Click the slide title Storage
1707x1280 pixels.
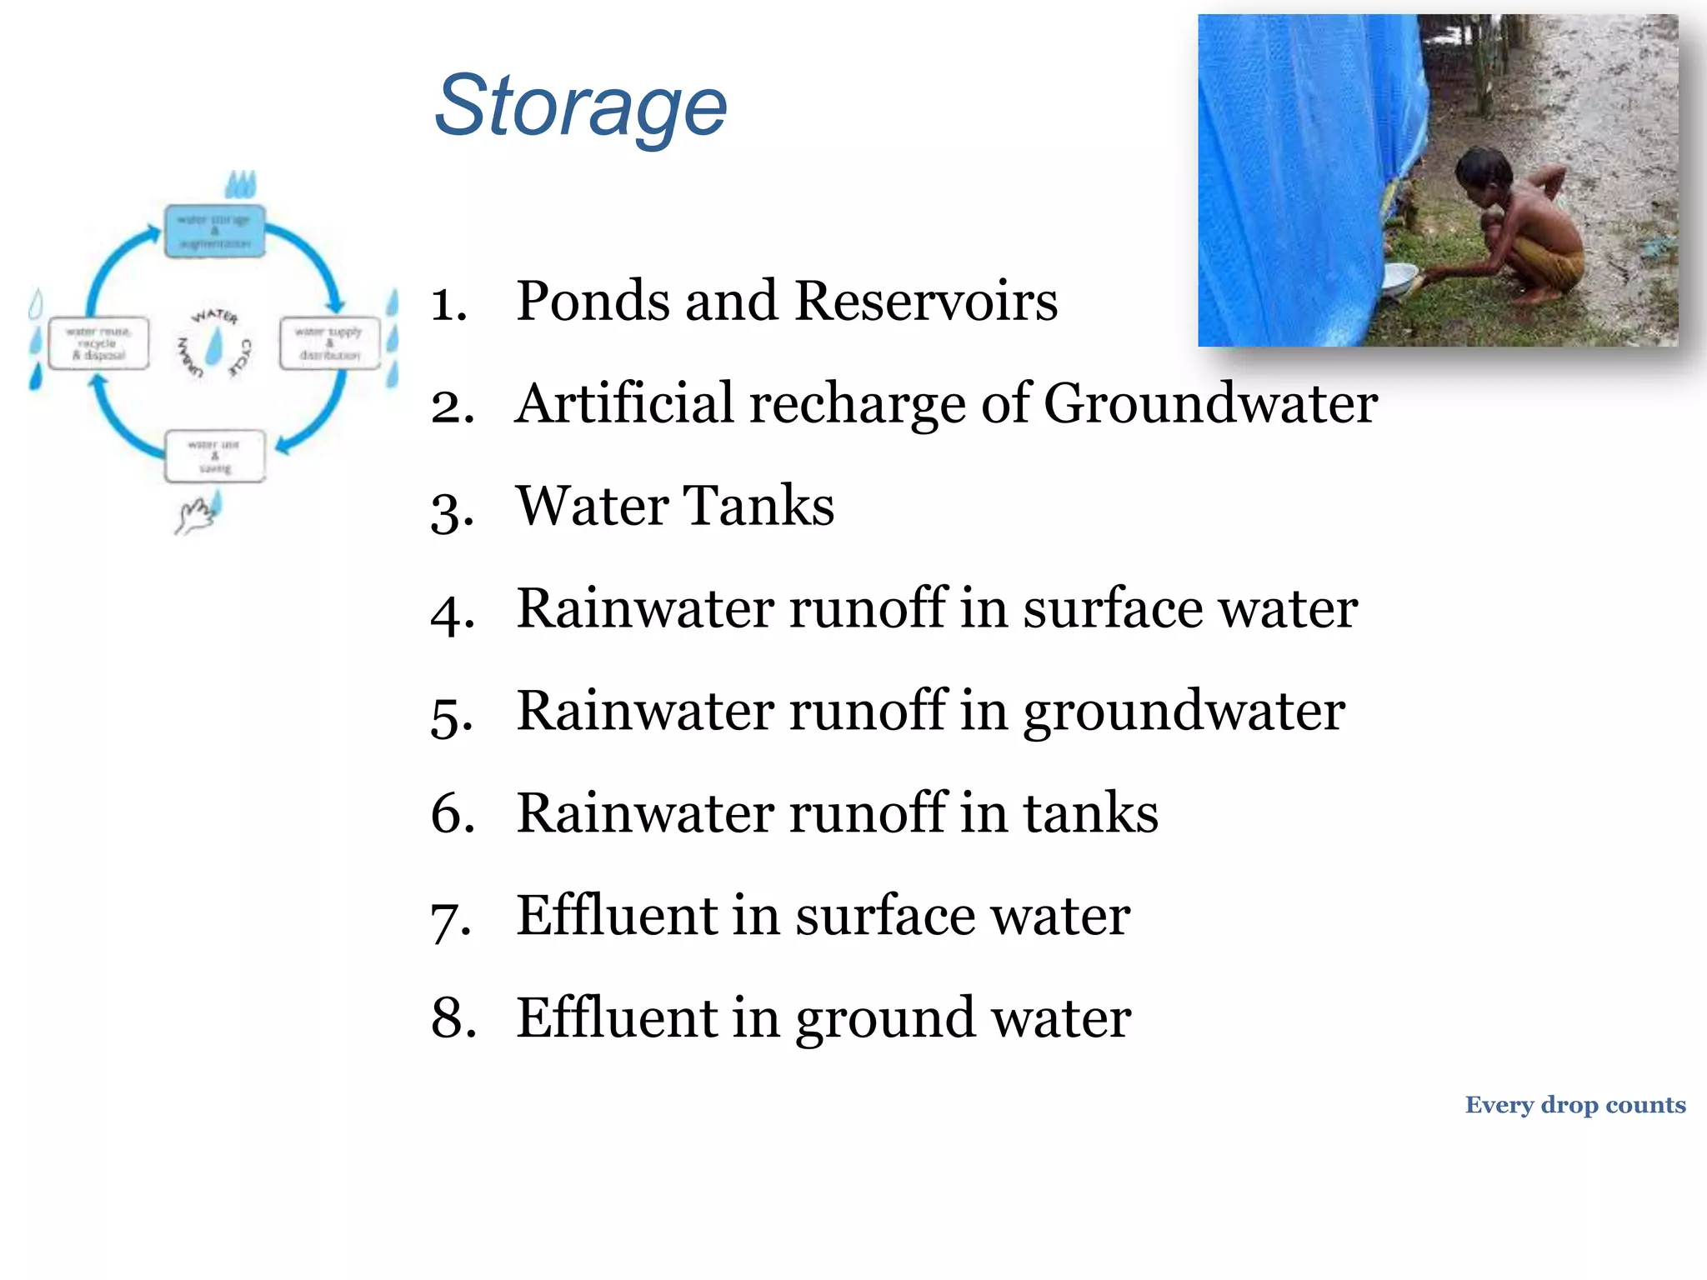point(581,106)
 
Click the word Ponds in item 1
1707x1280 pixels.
point(591,301)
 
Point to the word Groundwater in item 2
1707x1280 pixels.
point(1210,405)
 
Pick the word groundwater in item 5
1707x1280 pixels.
point(1184,713)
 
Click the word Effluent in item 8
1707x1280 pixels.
point(616,1018)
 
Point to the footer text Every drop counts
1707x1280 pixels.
point(1574,1105)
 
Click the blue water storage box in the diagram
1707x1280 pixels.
point(215,231)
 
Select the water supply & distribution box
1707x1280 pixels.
point(329,342)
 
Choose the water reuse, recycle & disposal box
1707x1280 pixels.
point(98,342)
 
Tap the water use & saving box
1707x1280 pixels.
point(215,456)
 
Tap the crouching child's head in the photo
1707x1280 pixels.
point(1482,172)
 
